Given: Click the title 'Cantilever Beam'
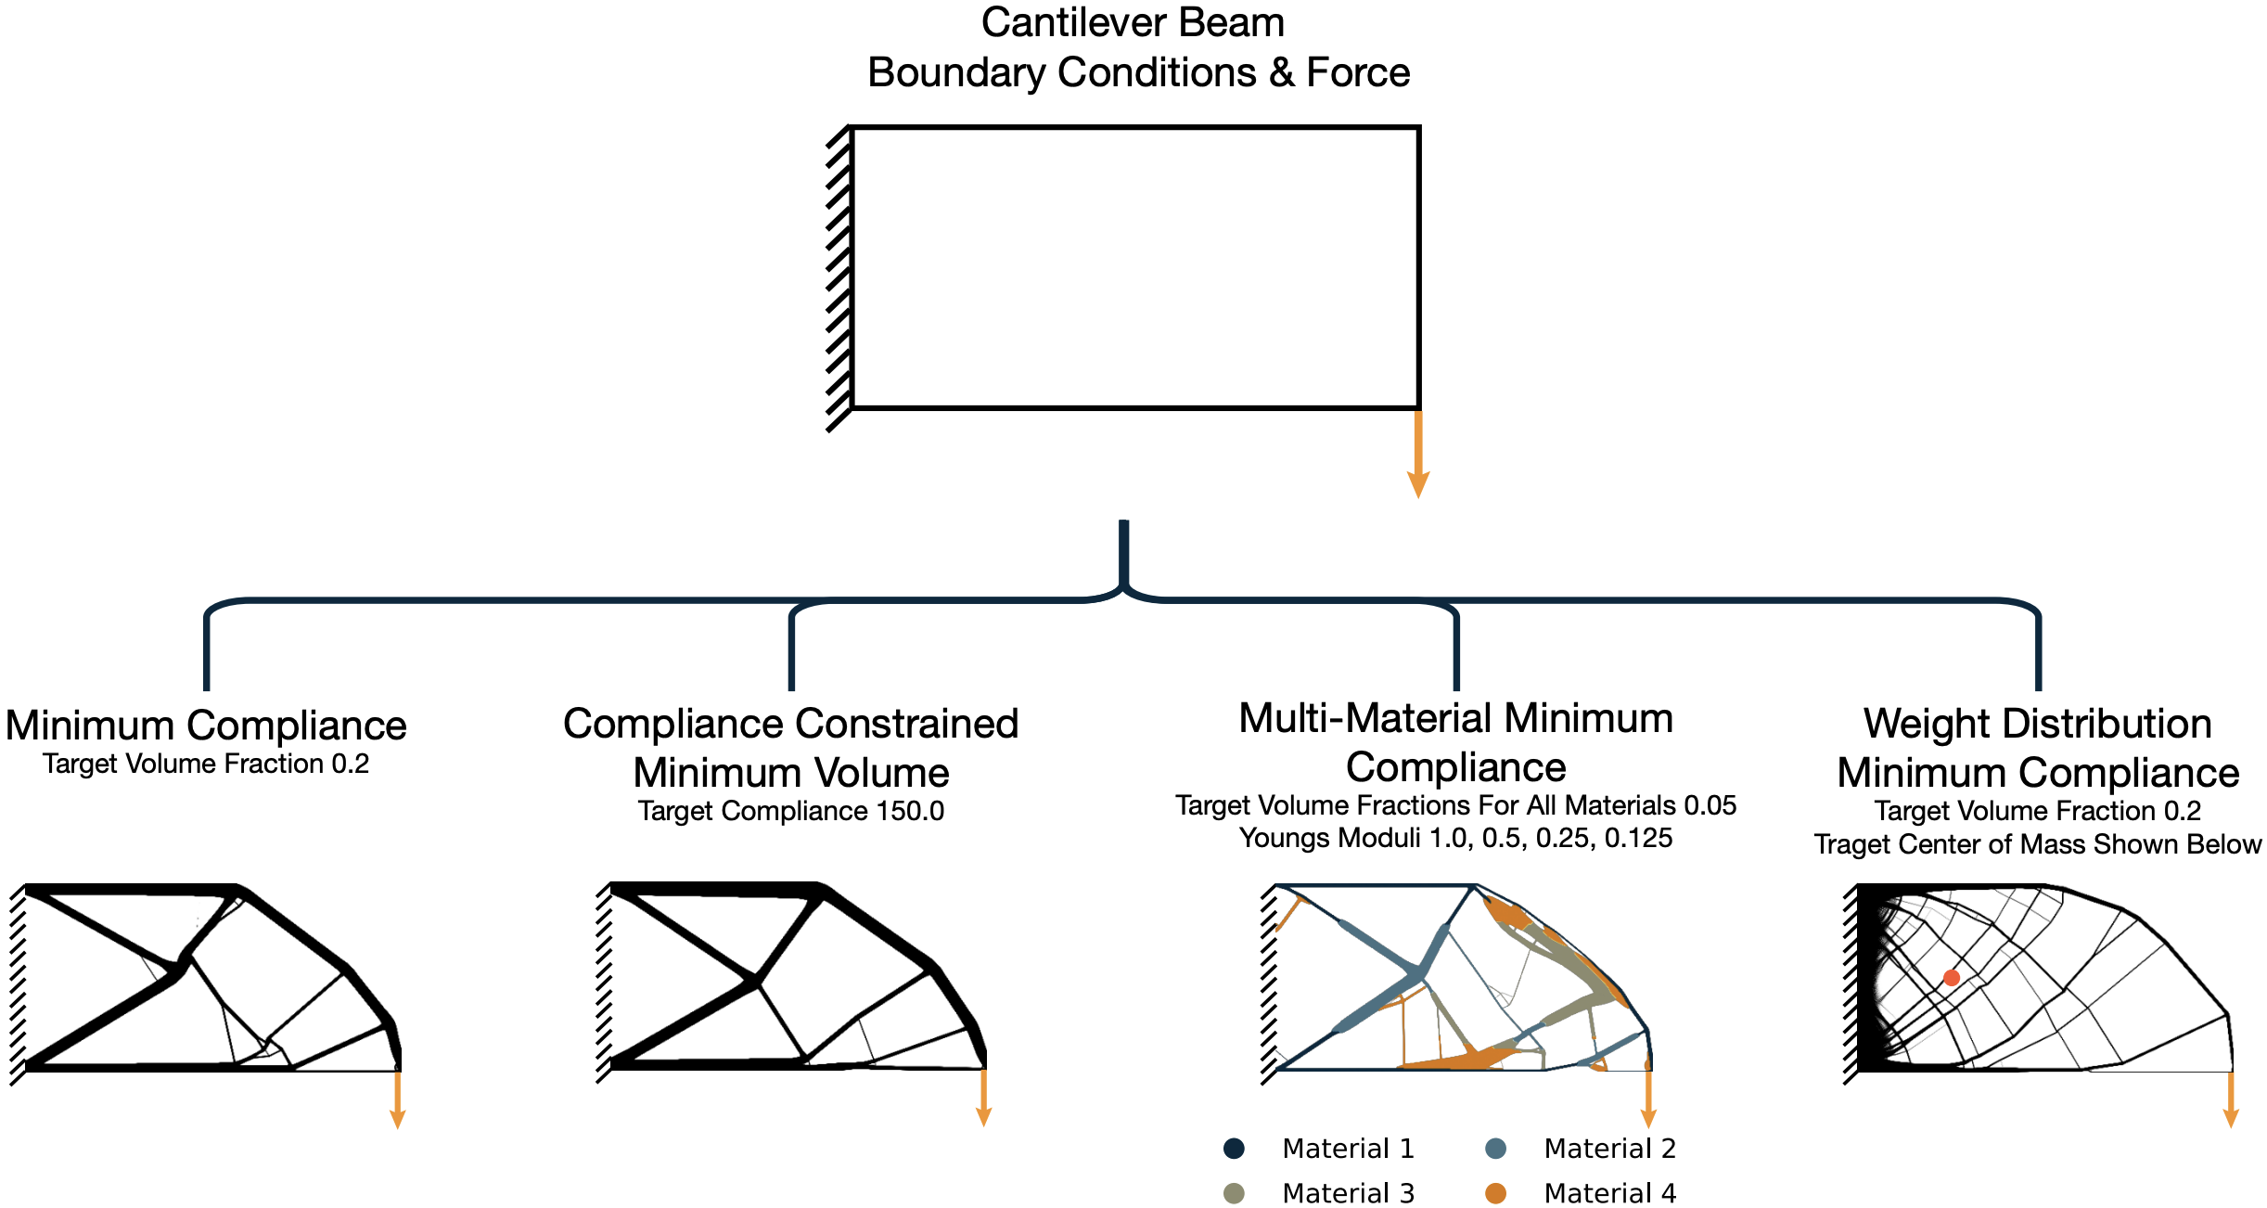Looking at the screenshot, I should (1133, 23).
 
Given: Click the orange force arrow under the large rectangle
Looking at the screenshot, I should (1417, 455).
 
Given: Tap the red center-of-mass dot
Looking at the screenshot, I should (1951, 978).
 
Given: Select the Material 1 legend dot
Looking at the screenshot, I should (1234, 1149).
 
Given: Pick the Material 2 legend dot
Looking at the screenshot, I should (1495, 1149).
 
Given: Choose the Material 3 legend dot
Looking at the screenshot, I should (1234, 1193).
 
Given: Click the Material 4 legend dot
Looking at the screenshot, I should (1495, 1193).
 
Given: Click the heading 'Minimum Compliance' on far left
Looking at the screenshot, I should (206, 726).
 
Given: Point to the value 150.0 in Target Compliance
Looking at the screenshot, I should (910, 811).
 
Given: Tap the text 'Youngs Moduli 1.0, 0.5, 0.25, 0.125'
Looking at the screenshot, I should (1455, 838).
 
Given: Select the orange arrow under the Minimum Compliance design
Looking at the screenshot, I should (398, 1100).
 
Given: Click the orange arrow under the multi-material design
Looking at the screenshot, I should (1648, 1100).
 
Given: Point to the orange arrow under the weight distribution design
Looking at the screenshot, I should (2231, 1100).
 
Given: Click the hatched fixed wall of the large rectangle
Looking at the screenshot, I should (839, 278).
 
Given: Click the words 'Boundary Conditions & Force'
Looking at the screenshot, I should (1138, 73).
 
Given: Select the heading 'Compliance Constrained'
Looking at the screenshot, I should (790, 724).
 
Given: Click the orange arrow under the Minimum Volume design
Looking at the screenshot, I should (984, 1100).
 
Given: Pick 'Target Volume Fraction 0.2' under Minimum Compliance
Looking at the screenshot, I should (206, 765).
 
